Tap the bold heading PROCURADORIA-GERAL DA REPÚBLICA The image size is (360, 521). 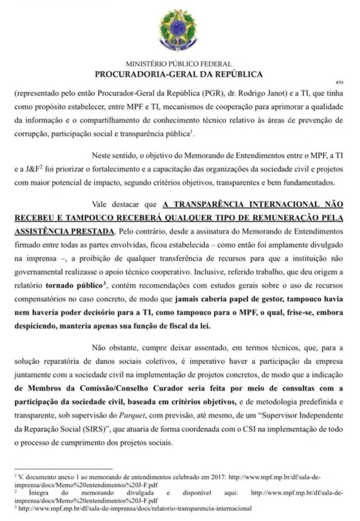[179, 74]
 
